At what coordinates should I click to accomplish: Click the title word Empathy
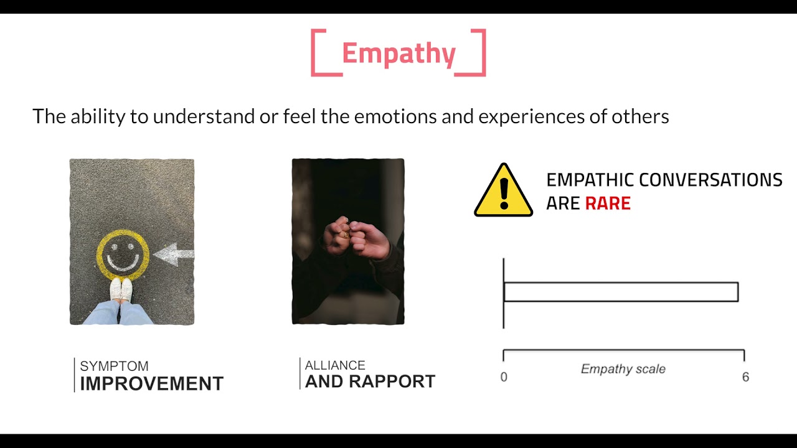coord(398,54)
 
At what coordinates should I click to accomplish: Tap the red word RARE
coord(608,203)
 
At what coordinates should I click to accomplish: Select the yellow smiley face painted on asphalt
coord(123,255)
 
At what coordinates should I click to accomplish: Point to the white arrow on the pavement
coord(174,254)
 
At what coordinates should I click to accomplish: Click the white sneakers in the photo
coord(121,290)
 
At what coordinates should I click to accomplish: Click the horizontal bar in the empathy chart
coord(620,292)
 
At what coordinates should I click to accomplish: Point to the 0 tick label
coord(504,377)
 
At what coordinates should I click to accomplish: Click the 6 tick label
coord(745,377)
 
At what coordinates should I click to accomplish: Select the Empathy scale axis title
coord(623,369)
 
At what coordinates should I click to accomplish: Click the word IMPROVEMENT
coord(151,383)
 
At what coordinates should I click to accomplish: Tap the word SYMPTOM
coord(114,366)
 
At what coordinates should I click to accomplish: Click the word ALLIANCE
coord(335,365)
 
